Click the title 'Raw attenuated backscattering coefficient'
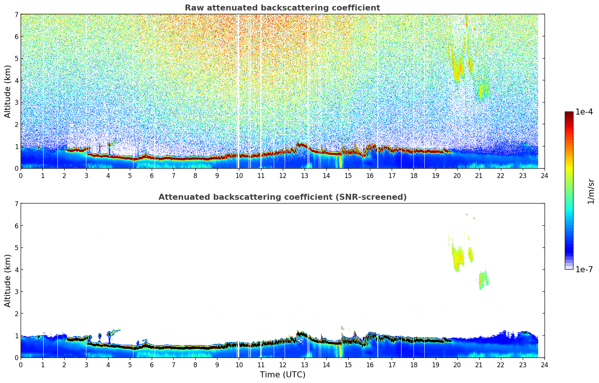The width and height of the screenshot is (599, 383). [x=282, y=8]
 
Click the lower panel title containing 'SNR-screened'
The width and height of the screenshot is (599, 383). [x=282, y=197]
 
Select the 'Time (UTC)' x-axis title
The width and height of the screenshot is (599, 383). [x=282, y=375]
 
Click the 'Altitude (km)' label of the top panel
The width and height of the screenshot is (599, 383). [x=8, y=91]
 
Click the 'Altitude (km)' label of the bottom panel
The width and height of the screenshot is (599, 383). [x=8, y=280]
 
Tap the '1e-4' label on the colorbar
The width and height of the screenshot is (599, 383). [x=584, y=112]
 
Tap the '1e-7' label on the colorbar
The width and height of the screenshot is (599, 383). [x=584, y=269]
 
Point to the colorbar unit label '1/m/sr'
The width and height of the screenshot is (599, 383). [x=591, y=191]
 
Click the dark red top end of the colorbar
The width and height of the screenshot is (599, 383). [x=569, y=113]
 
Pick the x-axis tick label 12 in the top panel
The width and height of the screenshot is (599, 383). [x=282, y=175]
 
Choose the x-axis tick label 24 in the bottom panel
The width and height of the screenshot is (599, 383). [x=544, y=365]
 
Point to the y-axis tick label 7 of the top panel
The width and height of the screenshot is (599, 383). [x=16, y=15]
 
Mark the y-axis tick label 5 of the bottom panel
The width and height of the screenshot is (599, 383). [x=16, y=248]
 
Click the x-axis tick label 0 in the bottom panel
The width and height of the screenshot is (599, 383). [x=21, y=365]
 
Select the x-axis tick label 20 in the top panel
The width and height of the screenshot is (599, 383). [x=457, y=175]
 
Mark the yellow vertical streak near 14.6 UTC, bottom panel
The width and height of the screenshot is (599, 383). [x=339, y=351]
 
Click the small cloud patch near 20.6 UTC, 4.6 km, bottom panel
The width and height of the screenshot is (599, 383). [x=470, y=255]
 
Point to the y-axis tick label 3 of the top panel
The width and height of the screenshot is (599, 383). [x=16, y=102]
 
